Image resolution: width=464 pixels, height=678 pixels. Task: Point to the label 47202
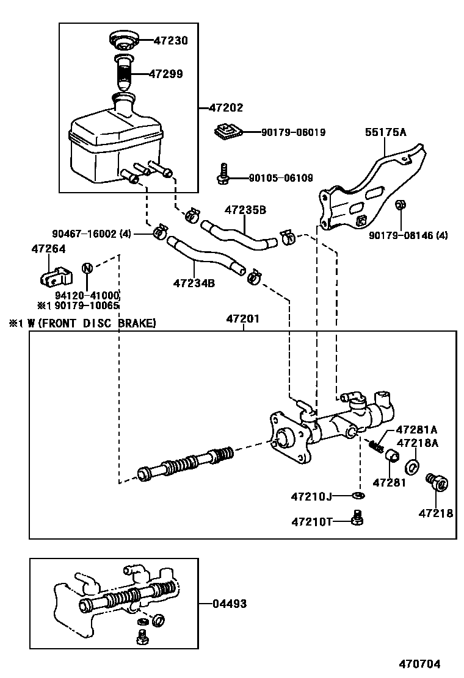click(x=226, y=108)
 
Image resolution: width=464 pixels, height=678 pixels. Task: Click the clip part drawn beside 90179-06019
click(x=228, y=131)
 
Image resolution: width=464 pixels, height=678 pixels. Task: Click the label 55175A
click(x=385, y=131)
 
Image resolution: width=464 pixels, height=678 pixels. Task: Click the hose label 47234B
click(x=194, y=283)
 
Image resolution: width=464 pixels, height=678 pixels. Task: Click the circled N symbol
click(x=87, y=268)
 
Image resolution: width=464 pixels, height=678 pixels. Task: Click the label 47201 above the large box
click(x=243, y=319)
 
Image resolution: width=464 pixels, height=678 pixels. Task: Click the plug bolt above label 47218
click(x=437, y=483)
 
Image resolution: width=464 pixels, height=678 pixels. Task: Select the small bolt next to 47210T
click(x=358, y=519)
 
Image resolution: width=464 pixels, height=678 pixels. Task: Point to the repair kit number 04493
click(x=230, y=604)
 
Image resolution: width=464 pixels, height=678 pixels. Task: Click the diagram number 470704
click(x=419, y=664)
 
